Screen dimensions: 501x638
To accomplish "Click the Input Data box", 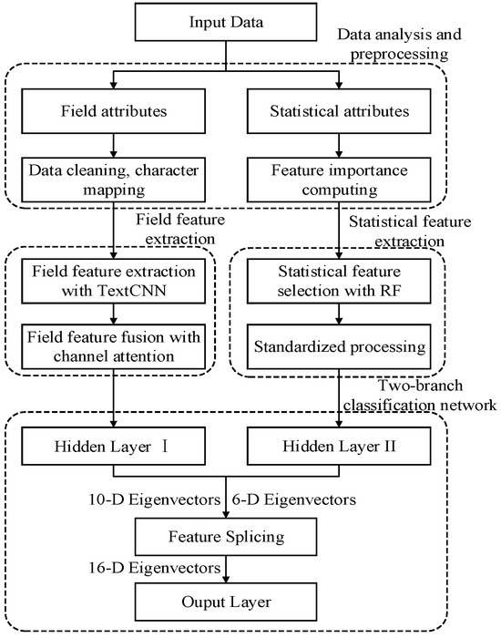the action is click(226, 22).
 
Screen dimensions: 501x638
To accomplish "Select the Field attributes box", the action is click(114, 111).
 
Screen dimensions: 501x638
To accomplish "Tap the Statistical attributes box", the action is click(339, 111).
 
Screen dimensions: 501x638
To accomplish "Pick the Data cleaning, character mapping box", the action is click(114, 180).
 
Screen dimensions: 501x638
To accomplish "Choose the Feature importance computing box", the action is click(339, 180).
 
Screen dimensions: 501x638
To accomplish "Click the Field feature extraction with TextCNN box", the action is click(114, 281).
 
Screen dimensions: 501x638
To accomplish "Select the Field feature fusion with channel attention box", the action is click(114, 346).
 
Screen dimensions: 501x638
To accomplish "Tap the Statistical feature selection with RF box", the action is click(339, 281).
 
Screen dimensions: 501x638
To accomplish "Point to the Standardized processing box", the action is click(339, 346).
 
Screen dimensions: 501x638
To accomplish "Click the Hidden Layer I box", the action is click(114, 446).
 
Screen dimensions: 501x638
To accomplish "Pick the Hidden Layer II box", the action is click(339, 446).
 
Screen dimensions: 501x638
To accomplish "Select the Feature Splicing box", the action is click(226, 537).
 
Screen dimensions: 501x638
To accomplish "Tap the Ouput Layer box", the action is click(226, 602).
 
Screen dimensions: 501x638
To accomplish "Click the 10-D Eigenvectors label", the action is click(155, 499).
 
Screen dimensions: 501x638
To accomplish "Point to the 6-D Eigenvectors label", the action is click(294, 499).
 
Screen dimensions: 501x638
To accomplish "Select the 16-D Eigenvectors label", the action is click(155, 568).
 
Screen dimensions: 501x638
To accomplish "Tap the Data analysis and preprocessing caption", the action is click(399, 44).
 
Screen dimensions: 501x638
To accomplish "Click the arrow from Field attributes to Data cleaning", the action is click(114, 146).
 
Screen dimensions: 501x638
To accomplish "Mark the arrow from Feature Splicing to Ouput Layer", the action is click(226, 570).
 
